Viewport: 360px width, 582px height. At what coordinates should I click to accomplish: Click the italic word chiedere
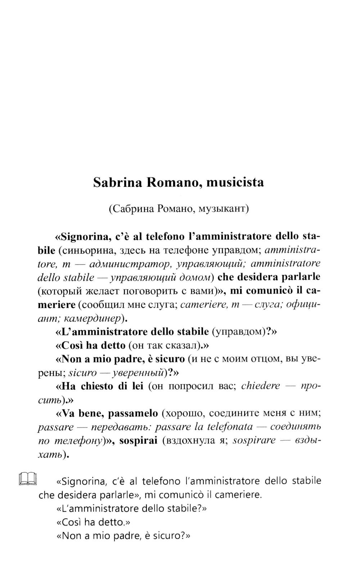coord(260,386)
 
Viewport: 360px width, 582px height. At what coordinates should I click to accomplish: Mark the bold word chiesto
coord(96,386)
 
